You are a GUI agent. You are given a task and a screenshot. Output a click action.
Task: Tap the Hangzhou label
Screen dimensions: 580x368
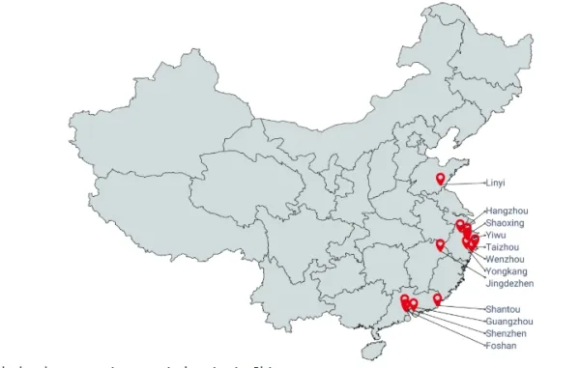point(507,211)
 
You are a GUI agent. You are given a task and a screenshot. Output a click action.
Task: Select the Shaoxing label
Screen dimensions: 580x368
point(506,223)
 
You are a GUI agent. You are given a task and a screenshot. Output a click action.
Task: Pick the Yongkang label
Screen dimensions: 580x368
point(507,271)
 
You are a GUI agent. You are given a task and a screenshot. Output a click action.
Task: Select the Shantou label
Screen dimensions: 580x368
point(502,309)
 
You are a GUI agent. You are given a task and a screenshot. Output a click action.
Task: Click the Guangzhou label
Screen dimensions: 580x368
point(507,321)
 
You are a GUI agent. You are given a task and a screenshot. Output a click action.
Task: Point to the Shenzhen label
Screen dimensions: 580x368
point(506,333)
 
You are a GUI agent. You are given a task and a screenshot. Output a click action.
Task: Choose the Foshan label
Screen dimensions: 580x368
point(501,345)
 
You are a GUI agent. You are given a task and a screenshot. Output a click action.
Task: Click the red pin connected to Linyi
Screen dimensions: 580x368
point(441,179)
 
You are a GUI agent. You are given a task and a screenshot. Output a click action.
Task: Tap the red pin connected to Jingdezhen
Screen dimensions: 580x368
point(441,244)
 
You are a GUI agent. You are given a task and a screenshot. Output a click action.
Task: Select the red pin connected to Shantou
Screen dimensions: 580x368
point(437,299)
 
